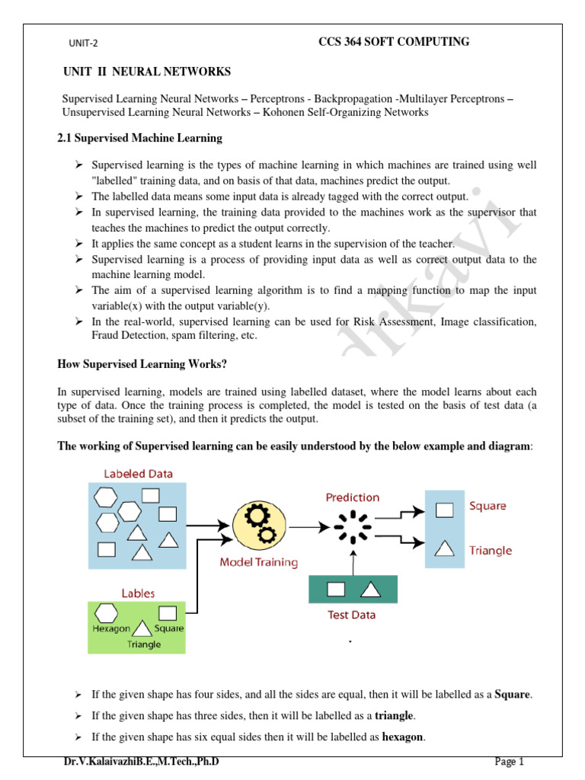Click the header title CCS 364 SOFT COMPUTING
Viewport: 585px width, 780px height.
click(x=393, y=42)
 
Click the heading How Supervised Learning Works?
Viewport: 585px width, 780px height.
click(x=142, y=364)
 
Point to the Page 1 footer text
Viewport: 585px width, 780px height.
click(x=510, y=761)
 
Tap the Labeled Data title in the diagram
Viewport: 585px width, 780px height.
click(x=138, y=474)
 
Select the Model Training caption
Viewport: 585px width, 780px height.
click(x=259, y=563)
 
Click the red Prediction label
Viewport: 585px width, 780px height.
click(x=352, y=497)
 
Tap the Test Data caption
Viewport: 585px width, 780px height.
click(x=351, y=615)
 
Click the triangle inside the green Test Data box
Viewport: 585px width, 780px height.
click(x=369, y=589)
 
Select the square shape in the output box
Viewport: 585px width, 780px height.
click(x=443, y=509)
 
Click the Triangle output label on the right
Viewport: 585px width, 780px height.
click(x=491, y=551)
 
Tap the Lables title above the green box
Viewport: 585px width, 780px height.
click(x=138, y=592)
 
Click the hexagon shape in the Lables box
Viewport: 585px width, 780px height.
click(x=105, y=612)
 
